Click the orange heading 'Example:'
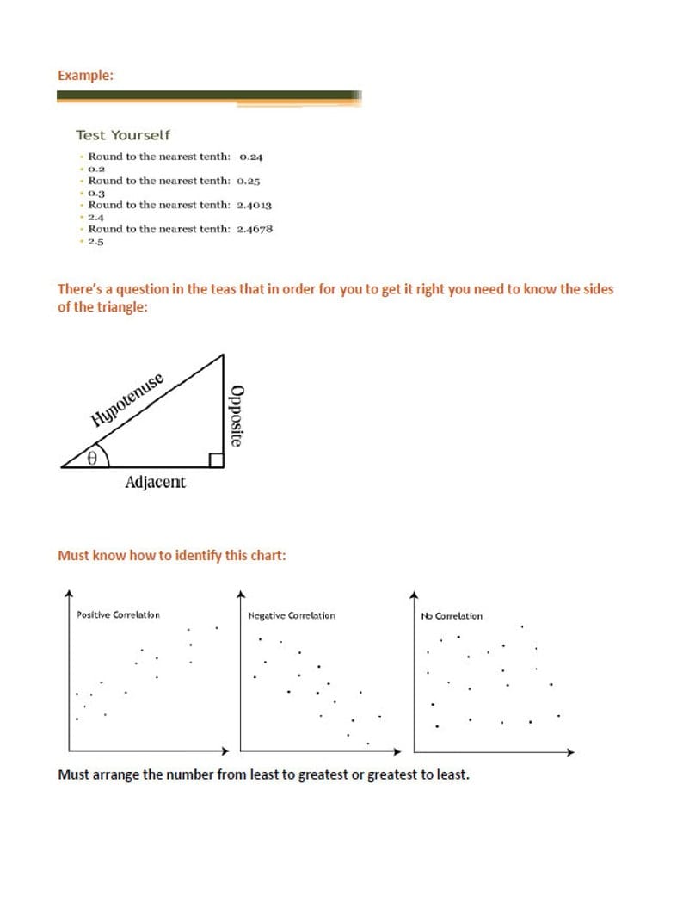coord(85,76)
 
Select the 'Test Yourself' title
coord(123,135)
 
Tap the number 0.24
coord(251,157)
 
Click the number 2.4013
coord(255,206)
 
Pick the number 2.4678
coord(255,230)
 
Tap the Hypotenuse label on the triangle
coord(127,400)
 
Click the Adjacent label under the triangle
coord(155,483)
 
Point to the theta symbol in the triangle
coord(91,459)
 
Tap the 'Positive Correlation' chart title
coord(118,615)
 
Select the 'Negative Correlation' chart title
coord(291,616)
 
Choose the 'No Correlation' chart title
coord(452,616)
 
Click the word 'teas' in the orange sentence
coord(221,289)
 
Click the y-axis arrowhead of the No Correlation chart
coord(414,594)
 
